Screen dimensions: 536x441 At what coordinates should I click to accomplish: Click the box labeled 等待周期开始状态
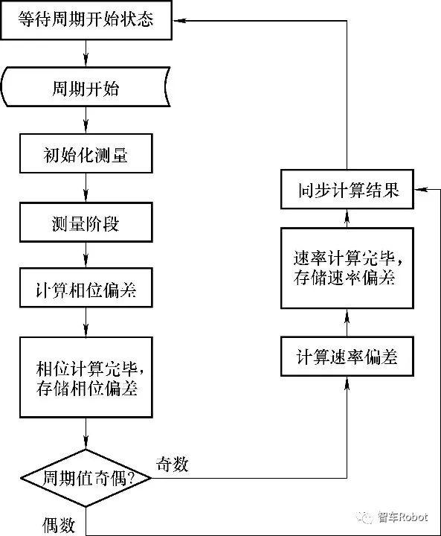[x=88, y=19]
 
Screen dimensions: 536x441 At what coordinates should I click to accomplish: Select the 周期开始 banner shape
[x=88, y=90]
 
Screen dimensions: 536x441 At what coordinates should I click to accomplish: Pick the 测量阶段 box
[x=88, y=223]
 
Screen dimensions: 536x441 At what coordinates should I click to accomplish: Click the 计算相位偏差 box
[x=88, y=290]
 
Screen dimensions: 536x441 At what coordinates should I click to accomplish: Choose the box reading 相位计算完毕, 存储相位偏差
[x=88, y=377]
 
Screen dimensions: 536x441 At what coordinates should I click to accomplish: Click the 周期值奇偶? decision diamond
[x=88, y=477]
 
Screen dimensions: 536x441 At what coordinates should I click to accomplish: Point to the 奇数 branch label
[x=173, y=465]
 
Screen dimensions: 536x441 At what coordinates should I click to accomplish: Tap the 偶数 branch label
[x=57, y=526]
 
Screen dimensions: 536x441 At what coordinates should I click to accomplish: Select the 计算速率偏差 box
[x=347, y=357]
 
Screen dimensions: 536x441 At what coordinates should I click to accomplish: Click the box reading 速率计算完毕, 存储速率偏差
[x=347, y=269]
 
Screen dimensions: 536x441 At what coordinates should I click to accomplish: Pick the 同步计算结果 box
[x=347, y=191]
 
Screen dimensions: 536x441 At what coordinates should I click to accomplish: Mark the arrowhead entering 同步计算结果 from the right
[x=418, y=191]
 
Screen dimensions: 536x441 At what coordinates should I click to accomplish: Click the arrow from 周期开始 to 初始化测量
[x=88, y=122]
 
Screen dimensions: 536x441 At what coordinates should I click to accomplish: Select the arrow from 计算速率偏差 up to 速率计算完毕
[x=347, y=322]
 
